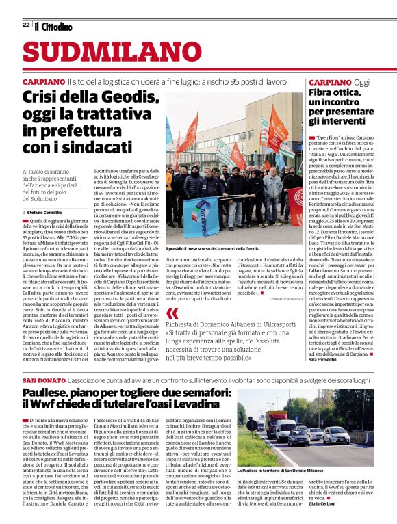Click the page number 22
coord(26,25)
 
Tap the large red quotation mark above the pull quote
coord(172,313)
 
